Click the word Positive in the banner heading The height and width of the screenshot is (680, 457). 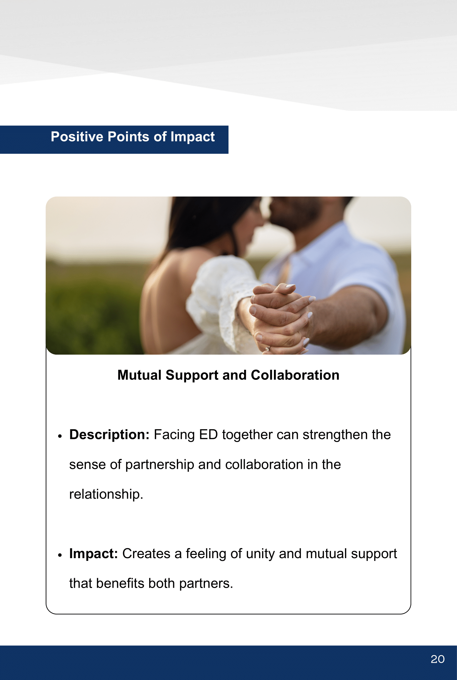pos(77,137)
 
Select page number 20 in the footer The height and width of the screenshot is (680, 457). pos(437,659)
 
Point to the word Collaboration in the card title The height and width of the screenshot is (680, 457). pos(295,375)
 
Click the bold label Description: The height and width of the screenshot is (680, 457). pos(109,435)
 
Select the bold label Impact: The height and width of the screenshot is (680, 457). pos(94,554)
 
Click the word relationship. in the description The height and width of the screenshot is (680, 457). pos(106,494)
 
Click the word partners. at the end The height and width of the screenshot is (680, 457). pos(206,584)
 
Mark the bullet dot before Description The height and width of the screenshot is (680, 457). pos(60,436)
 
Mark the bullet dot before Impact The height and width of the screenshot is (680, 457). pos(60,555)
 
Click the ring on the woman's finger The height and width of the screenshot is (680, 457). pos(268,348)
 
